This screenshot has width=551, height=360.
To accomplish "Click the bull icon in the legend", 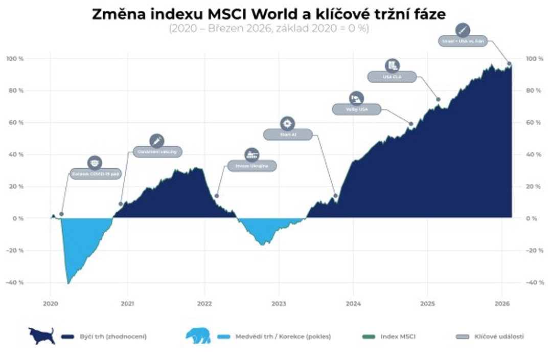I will (x=41, y=335).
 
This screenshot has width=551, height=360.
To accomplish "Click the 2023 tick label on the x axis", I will (x=279, y=303).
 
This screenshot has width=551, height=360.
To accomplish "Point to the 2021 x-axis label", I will (x=127, y=303).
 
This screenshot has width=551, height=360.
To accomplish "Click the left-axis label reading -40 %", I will (x=15, y=282).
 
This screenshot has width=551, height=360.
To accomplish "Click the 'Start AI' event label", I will (x=287, y=134).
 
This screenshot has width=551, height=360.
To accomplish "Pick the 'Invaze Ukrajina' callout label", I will (x=252, y=166).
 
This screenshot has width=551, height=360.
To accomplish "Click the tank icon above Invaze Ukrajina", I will (x=252, y=153).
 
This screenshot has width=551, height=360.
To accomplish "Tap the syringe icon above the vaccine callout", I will (x=157, y=141).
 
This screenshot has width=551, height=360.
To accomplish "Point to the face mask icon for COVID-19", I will (x=95, y=163).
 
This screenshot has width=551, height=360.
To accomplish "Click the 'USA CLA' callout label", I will (x=392, y=77).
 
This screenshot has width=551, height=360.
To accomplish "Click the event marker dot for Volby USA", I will (x=411, y=124).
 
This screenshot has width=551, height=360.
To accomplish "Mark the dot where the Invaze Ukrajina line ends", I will (x=217, y=196).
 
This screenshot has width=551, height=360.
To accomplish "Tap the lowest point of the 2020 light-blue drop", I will (x=68, y=283).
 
